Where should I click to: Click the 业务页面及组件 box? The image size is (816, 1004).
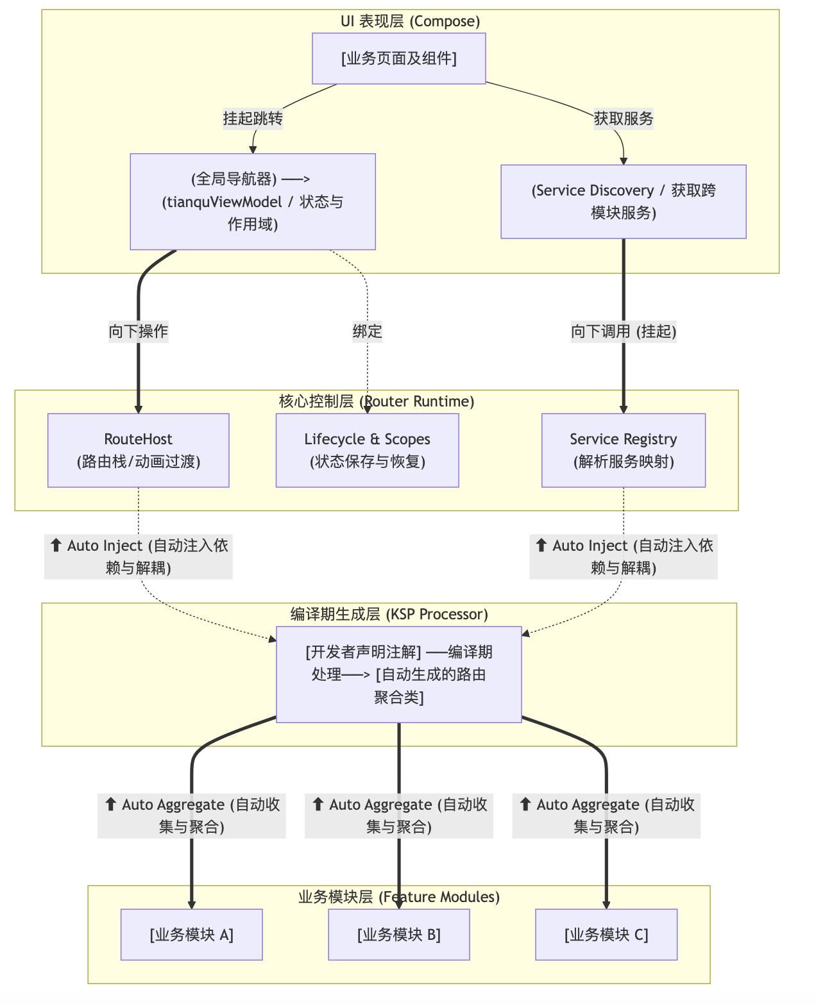398,58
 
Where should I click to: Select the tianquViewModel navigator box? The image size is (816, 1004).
252,201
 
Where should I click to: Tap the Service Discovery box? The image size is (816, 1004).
623,201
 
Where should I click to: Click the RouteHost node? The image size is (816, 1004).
138,450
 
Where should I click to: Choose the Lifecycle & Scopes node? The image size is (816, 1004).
367,450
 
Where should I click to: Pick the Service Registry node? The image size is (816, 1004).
623,450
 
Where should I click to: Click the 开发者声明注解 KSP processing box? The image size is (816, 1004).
398,674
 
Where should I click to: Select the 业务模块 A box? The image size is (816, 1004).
191,934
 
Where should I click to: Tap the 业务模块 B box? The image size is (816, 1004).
398,934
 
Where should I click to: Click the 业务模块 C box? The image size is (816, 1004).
606,934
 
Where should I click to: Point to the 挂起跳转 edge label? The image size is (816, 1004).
253,119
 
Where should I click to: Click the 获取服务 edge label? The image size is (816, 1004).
623,119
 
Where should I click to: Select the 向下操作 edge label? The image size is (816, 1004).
138,331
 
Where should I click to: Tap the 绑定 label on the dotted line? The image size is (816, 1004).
367,331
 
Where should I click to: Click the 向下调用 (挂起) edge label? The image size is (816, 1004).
623,331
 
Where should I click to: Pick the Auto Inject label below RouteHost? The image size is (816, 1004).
138,556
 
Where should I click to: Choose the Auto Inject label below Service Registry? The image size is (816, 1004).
623,556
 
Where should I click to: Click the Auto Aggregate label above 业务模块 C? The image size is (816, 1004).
606,816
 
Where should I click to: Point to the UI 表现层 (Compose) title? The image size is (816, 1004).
410,21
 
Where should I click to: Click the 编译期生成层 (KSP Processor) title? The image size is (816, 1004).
389,614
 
